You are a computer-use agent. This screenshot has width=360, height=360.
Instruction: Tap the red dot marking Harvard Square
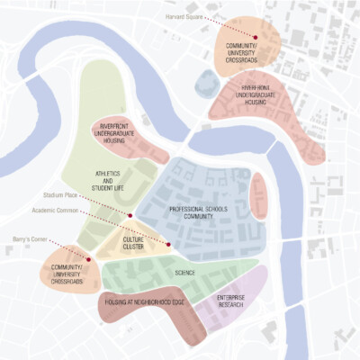click(256, 37)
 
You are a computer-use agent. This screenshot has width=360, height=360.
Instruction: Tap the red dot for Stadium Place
click(130, 216)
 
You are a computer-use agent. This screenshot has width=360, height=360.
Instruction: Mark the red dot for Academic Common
click(168, 244)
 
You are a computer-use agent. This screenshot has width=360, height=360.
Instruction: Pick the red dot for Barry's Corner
click(88, 259)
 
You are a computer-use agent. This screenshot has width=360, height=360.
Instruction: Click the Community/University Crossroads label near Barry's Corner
click(67, 274)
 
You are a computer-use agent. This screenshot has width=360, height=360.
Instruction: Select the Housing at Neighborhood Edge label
click(146, 302)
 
